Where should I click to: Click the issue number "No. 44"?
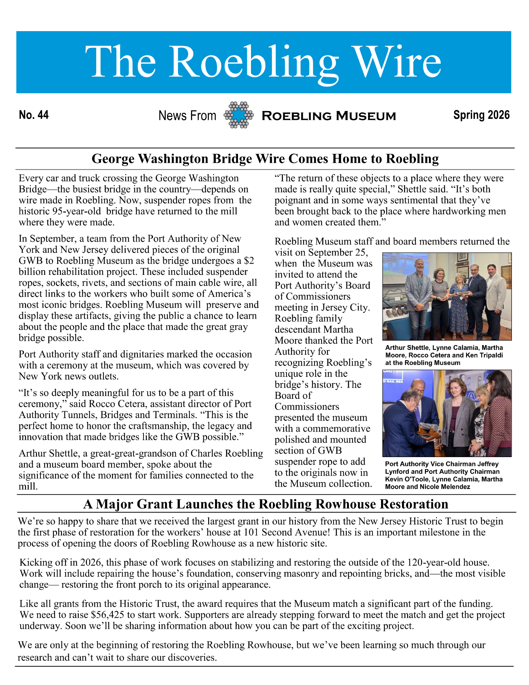(34, 115)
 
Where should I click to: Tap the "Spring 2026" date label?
(481, 115)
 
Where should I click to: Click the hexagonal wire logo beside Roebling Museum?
(239, 115)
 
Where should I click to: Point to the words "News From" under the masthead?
(187, 116)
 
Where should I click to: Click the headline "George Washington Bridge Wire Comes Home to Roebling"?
(265, 159)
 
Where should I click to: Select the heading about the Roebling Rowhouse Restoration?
(266, 504)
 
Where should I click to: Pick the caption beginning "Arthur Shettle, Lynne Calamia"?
(444, 355)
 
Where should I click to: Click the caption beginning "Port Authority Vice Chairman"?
(444, 475)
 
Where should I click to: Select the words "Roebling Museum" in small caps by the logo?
(328, 116)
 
